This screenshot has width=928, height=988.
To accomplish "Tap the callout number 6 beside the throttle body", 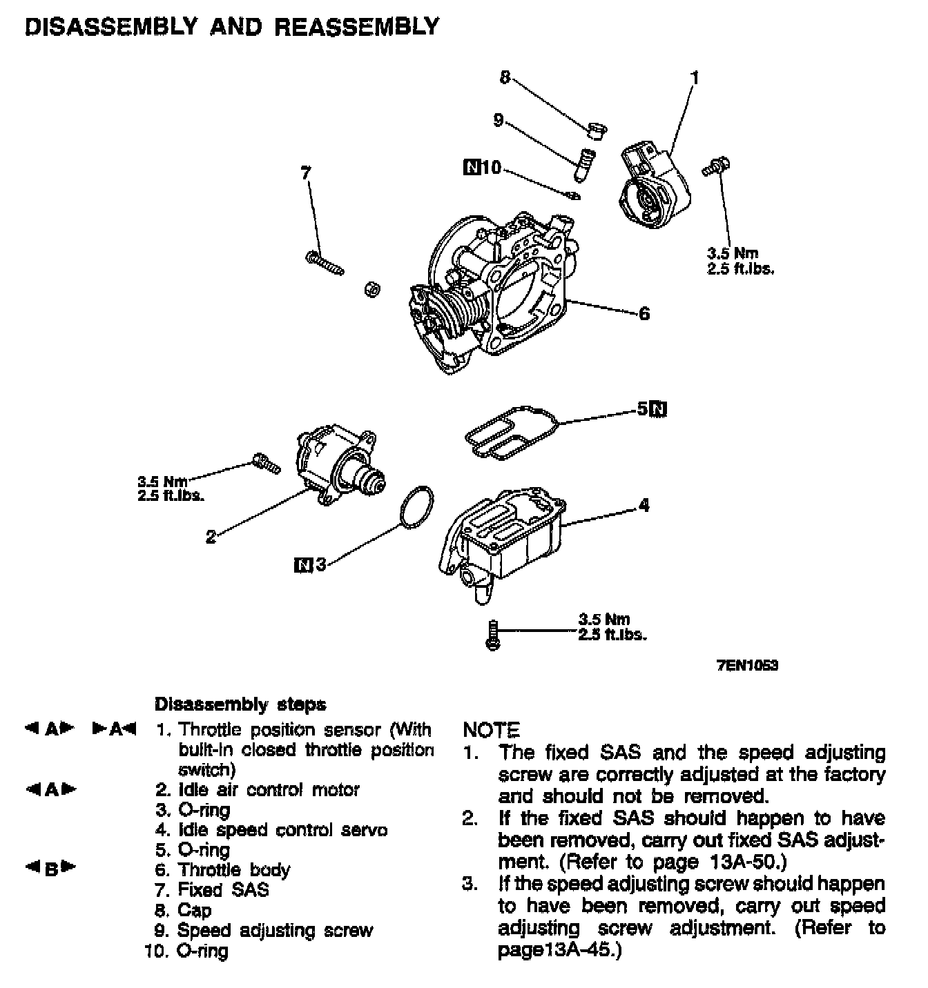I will click(644, 314).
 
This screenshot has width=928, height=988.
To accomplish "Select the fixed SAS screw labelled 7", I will click(324, 263).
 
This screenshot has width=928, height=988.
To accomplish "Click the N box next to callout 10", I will click(472, 167).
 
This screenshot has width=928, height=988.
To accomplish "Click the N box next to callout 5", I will click(659, 409).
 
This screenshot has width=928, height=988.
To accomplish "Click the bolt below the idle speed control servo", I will click(492, 634).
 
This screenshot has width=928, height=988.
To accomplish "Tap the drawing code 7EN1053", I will click(746, 666).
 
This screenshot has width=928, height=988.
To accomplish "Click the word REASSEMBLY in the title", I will click(357, 27).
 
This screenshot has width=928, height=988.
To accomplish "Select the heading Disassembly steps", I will click(240, 704).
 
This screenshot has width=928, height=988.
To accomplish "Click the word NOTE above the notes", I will click(491, 730).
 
